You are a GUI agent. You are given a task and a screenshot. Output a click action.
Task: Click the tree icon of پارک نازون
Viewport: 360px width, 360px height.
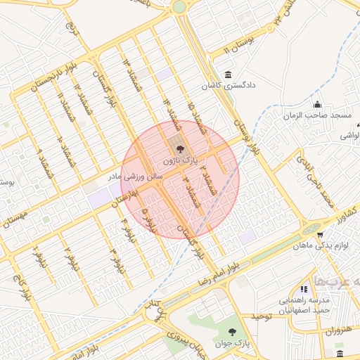click(x=179, y=149)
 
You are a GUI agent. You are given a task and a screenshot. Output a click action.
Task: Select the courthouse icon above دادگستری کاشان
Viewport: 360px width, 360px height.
click(x=227, y=75)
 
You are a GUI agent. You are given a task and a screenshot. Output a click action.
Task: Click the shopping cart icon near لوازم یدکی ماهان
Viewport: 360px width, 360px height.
click(x=320, y=235)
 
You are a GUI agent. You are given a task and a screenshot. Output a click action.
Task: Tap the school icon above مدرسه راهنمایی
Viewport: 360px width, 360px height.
click(x=303, y=289)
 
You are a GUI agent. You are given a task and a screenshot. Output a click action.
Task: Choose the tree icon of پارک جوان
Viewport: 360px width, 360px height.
click(x=233, y=330)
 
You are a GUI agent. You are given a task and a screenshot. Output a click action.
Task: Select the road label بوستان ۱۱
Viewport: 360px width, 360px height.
click(x=237, y=47)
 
